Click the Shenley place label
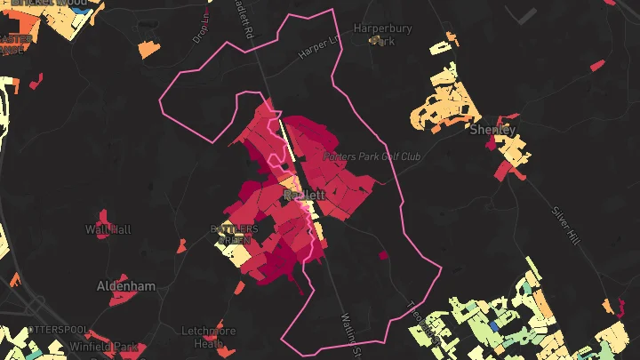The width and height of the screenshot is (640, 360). click(492, 129)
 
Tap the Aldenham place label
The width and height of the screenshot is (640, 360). click(125, 286)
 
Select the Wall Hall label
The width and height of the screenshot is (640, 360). click(108, 229)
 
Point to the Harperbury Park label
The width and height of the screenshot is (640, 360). click(383, 34)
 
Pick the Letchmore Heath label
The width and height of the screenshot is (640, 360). click(208, 337)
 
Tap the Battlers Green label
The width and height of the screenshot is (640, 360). click(234, 235)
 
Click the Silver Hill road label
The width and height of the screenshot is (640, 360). click(565, 227)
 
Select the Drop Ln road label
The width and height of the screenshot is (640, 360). click(202, 29)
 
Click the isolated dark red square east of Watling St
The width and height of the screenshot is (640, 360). click(384, 255)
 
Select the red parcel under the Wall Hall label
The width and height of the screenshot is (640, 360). click(105, 219)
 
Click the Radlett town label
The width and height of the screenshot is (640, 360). click(304, 194)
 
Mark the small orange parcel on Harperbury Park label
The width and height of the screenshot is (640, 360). click(378, 40)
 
